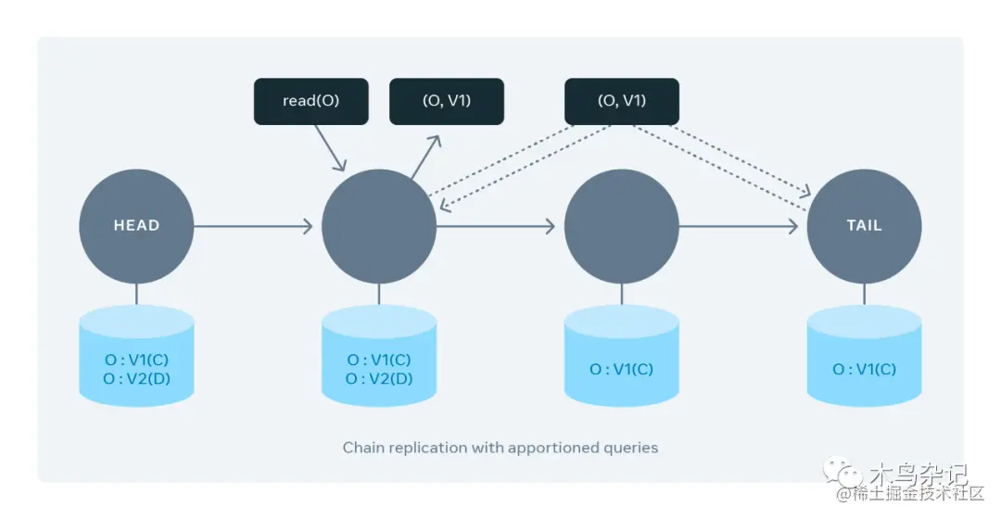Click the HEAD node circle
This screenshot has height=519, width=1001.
point(136,225)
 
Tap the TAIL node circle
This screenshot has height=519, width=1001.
point(864,225)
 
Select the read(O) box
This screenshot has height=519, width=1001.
point(310,101)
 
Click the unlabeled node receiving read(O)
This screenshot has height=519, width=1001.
point(378,225)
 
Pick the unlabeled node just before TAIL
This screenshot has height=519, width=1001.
point(621,225)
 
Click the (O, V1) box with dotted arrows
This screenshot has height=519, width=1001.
point(621,101)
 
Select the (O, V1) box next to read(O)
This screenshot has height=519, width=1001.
point(446,101)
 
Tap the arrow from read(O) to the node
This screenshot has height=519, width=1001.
point(330,147)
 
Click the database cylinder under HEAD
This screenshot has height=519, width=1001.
point(136,357)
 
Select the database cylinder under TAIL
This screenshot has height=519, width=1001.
point(864,357)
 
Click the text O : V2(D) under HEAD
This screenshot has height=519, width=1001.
point(136,378)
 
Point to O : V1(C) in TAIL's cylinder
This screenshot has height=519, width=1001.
point(864,369)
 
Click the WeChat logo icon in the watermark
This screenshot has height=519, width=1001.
point(850,475)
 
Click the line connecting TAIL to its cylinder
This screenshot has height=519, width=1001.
point(864,293)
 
